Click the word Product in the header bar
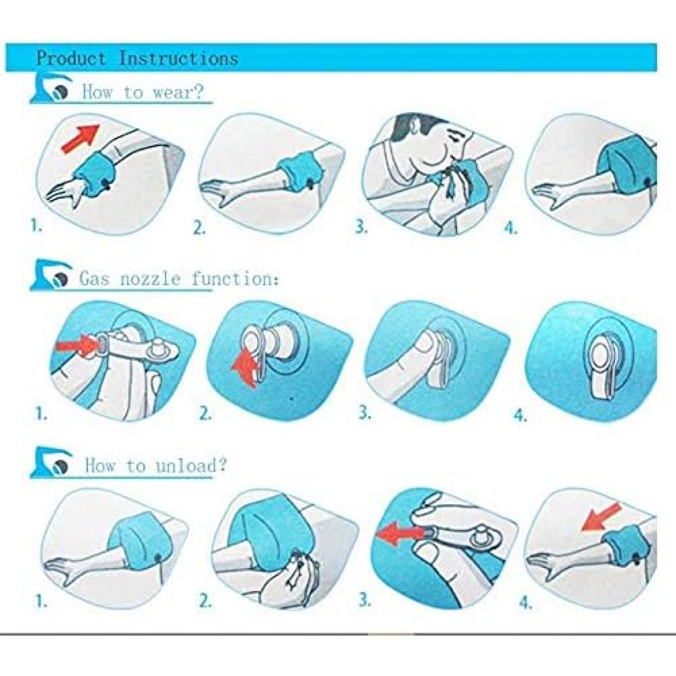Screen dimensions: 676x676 click(71, 58)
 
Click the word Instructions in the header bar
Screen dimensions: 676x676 click(179, 58)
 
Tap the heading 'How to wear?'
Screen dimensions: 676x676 click(142, 92)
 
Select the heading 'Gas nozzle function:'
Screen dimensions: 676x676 click(179, 279)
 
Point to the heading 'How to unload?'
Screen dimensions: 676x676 click(155, 466)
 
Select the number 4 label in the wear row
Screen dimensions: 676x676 click(510, 229)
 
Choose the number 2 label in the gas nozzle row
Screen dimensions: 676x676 click(206, 414)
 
